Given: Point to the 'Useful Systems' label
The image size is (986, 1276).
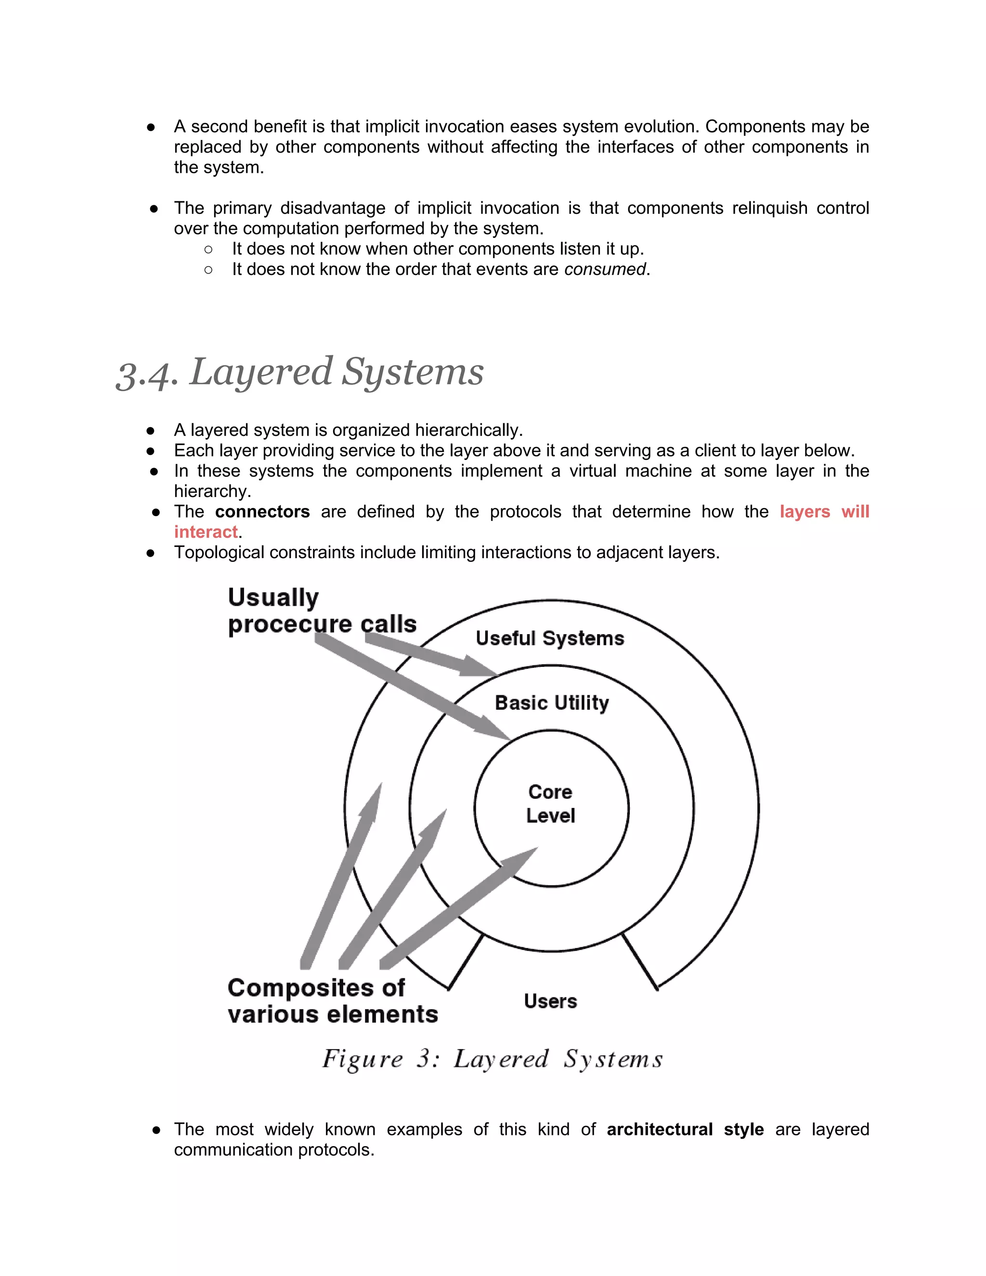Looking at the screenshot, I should point(550,638).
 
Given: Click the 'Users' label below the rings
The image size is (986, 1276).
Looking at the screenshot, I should point(550,1001).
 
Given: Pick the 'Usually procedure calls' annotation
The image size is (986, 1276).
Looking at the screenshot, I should point(322,611).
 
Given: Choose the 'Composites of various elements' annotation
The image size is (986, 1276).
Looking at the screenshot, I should point(332,1001).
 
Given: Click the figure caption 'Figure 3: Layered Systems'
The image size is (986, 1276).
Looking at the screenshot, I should point(493,1059).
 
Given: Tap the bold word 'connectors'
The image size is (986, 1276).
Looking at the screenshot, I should point(262,512).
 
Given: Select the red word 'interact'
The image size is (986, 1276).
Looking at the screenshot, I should point(206,532).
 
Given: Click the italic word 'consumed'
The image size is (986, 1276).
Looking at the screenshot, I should point(605,269).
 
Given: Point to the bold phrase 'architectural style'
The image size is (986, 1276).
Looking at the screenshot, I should point(685,1129).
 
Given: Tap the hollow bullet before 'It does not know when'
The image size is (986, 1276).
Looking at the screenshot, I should point(208,249).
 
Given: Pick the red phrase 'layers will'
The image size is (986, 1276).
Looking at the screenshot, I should point(824,512).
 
